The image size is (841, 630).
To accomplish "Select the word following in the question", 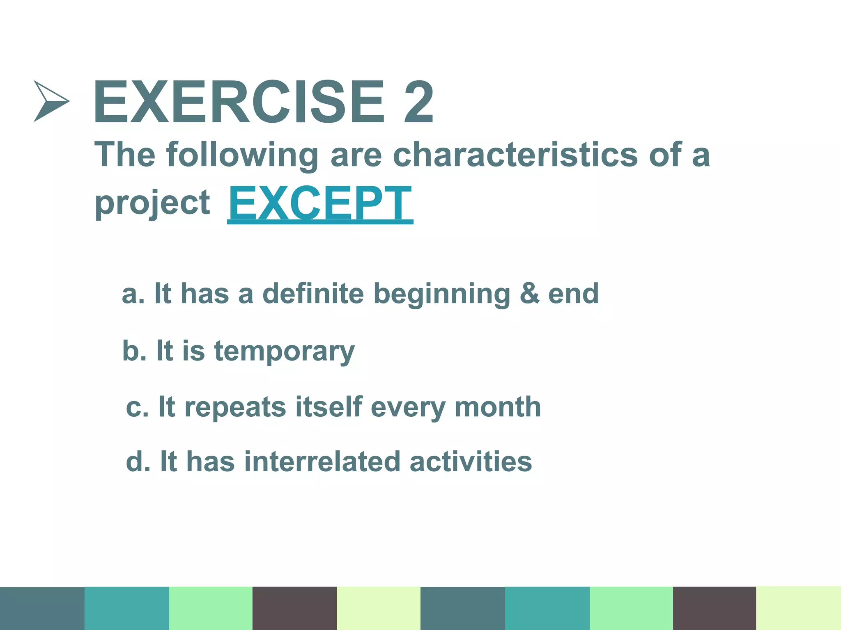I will coord(242,155).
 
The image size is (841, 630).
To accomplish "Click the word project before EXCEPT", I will coord(152,203).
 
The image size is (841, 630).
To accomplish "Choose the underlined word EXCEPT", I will coord(320,204).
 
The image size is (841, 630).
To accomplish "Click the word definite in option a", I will coord(313,294).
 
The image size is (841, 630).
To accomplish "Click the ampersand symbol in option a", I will coord(529,294).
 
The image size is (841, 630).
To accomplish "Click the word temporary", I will coord(284,352).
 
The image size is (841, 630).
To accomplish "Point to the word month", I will coord(498,407).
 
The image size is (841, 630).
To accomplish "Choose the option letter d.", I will coord(136,462).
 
